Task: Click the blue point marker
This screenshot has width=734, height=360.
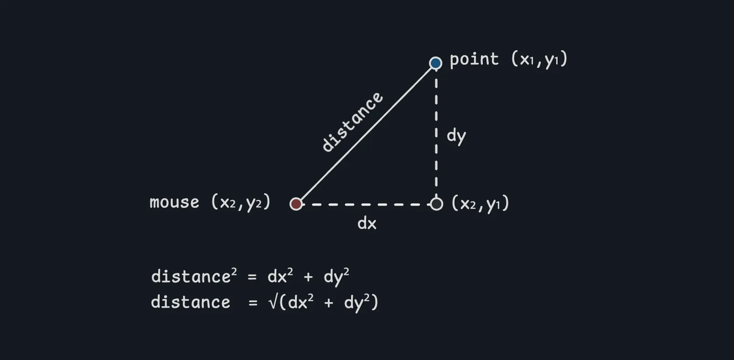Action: pyautogui.click(x=436, y=63)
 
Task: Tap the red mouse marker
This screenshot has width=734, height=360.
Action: pyautogui.click(x=296, y=204)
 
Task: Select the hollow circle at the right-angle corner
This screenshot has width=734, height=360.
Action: pyautogui.click(x=437, y=204)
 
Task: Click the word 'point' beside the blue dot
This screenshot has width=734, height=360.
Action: pyautogui.click(x=474, y=59)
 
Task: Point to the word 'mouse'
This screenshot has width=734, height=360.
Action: pyautogui.click(x=175, y=202)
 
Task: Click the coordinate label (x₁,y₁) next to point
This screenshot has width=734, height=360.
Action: pyautogui.click(x=539, y=59)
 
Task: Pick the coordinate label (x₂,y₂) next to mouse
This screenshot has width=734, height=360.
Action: pyautogui.click(x=241, y=202)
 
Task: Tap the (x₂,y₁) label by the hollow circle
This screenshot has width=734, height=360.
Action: pyautogui.click(x=480, y=203)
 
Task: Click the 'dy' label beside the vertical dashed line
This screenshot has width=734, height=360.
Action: pyautogui.click(x=456, y=136)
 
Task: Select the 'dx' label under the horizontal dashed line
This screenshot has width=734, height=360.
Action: pyautogui.click(x=367, y=223)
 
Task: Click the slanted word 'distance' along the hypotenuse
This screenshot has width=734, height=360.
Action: pyautogui.click(x=352, y=122)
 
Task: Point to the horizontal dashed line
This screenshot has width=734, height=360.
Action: pyautogui.click(x=365, y=204)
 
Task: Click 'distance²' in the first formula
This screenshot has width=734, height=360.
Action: pyautogui.click(x=194, y=276)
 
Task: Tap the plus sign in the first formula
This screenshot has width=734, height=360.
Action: pyautogui.click(x=308, y=277)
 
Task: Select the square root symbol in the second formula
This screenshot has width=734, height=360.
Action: pyautogui.click(x=273, y=302)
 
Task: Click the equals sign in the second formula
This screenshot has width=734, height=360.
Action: pyautogui.click(x=253, y=303)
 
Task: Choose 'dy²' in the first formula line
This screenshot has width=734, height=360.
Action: pyautogui.click(x=336, y=276)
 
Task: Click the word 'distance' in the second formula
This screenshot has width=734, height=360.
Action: pyautogui.click(x=191, y=302)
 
